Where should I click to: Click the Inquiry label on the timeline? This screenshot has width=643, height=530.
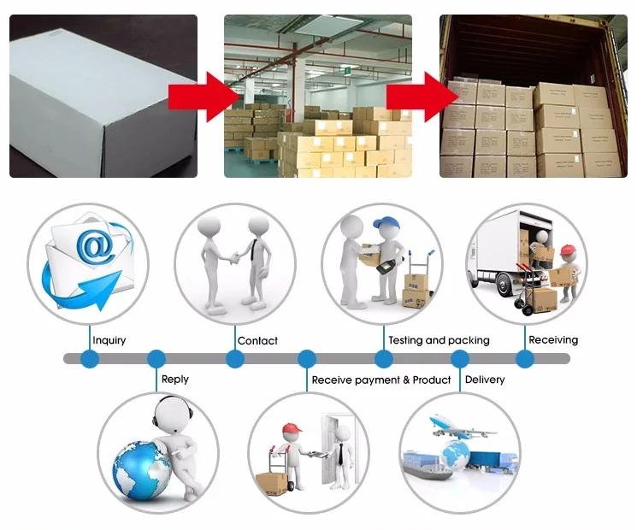[x=109, y=340]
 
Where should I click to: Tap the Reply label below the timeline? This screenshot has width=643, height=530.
[x=174, y=379]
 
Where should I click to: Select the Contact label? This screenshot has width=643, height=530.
[x=257, y=340]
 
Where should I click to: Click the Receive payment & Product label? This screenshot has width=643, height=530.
[x=380, y=380]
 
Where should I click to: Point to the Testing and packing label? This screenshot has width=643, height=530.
[x=439, y=340]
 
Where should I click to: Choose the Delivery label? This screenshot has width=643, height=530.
[x=484, y=380]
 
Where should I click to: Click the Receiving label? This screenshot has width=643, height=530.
[x=553, y=339]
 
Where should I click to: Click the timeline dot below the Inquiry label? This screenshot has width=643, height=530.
[x=90, y=358]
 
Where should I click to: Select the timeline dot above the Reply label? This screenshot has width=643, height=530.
[x=156, y=358]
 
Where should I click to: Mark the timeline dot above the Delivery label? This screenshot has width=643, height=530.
[x=459, y=358]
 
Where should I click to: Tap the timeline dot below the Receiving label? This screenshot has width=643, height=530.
[x=525, y=358]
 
